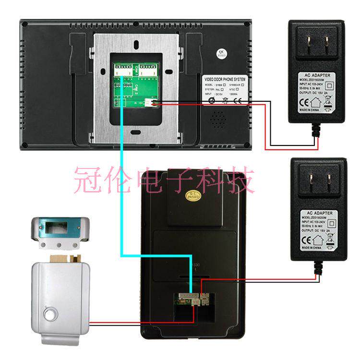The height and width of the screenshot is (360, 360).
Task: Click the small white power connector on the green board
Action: pos(155,102)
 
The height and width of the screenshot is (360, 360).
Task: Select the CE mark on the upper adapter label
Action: pos(303,102)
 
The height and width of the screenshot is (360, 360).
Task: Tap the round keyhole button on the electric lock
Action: pos(50,315)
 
